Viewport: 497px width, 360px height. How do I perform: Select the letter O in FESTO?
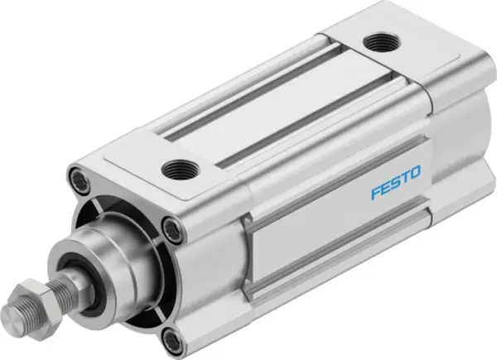(x=416, y=170)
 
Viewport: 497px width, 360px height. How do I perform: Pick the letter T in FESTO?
(x=403, y=173)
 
